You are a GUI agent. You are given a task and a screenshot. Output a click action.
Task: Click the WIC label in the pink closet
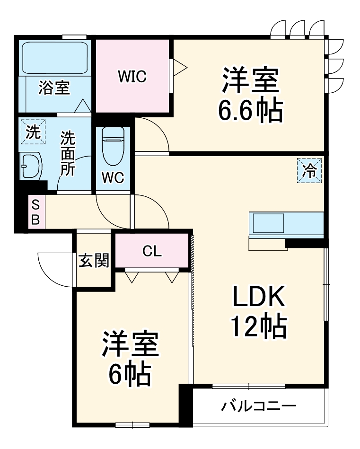click(x=132, y=76)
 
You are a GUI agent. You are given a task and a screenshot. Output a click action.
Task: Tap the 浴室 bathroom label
click(x=54, y=88)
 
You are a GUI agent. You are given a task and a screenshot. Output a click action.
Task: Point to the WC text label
click(x=113, y=178)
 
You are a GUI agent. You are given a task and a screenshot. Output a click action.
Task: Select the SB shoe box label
click(x=36, y=212)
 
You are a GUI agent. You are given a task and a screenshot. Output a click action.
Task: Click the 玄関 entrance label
click(x=94, y=260)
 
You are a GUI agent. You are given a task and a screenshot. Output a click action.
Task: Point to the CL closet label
click(x=152, y=251)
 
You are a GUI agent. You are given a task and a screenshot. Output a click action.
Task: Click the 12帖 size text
click(x=258, y=326)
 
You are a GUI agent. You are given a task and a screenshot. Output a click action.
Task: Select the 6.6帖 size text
click(x=250, y=110)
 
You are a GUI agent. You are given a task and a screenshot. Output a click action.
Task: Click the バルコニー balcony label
click(x=259, y=406)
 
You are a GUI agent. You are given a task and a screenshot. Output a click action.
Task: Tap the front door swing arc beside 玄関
click(x=54, y=270)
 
